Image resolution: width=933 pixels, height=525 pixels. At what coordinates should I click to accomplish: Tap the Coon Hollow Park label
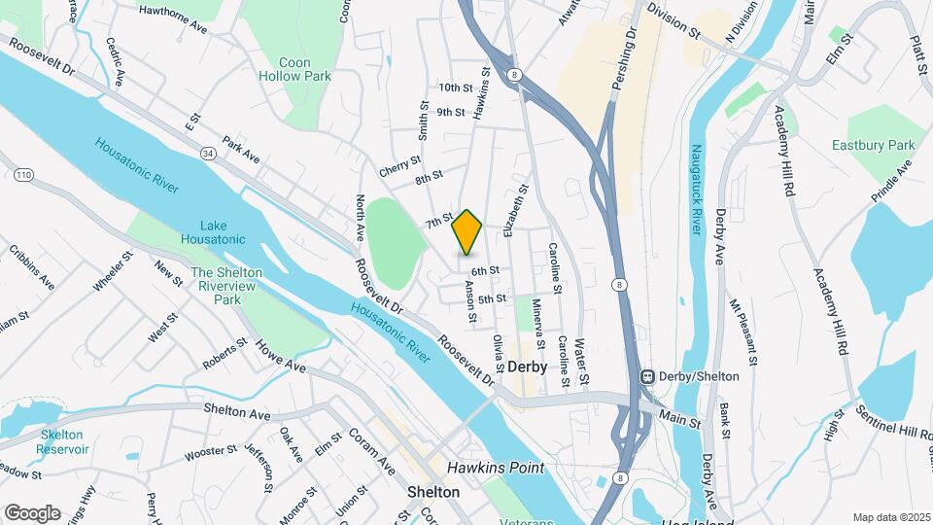(295, 69)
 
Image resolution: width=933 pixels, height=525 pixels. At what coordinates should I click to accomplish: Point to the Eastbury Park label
(886, 146)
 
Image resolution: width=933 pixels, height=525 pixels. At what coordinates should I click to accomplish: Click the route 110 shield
(24, 174)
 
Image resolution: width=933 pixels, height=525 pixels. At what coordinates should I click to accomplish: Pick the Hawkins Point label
(495, 468)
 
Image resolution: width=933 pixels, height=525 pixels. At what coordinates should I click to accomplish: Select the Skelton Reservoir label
(63, 441)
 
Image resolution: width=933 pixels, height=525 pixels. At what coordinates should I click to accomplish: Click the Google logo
(32, 512)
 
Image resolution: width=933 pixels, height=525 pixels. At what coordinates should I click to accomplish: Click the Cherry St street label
(399, 166)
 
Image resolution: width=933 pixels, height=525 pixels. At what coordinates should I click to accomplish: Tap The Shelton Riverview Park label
(215, 287)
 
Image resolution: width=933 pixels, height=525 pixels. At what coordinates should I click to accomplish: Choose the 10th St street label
(455, 87)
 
